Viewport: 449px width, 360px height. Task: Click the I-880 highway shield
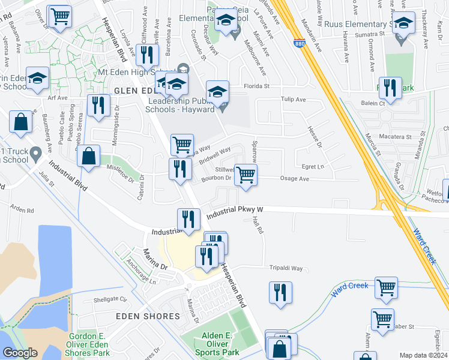click(x=299, y=43)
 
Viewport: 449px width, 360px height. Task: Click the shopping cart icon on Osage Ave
click(x=246, y=175)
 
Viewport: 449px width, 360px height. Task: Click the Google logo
click(x=20, y=353)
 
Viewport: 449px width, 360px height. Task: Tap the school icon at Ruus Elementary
click(x=403, y=24)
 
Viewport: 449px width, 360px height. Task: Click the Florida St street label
click(x=256, y=86)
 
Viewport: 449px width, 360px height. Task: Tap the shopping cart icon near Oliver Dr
click(x=59, y=17)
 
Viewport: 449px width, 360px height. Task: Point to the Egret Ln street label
click(x=312, y=166)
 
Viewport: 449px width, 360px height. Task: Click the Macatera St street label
click(x=396, y=137)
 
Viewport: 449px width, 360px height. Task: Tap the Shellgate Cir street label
click(x=111, y=299)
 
